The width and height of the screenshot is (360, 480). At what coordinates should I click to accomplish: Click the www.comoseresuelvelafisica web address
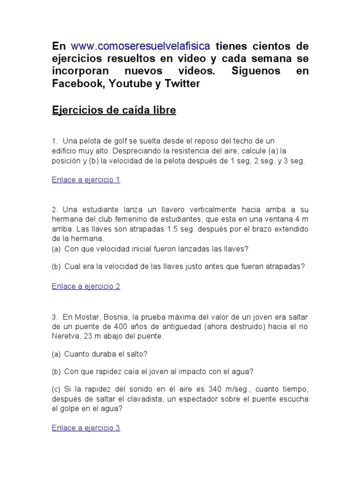(141, 46)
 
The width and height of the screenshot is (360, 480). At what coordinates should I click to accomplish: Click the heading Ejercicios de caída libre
(114, 111)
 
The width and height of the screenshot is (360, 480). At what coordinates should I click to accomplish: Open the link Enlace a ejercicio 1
(86, 180)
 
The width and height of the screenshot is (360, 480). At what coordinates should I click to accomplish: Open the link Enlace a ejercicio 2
(86, 286)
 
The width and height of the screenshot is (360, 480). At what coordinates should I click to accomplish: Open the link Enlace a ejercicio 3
(86, 428)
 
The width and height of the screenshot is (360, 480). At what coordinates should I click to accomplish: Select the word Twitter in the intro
(182, 83)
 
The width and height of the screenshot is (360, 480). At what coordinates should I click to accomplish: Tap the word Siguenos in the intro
(256, 71)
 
